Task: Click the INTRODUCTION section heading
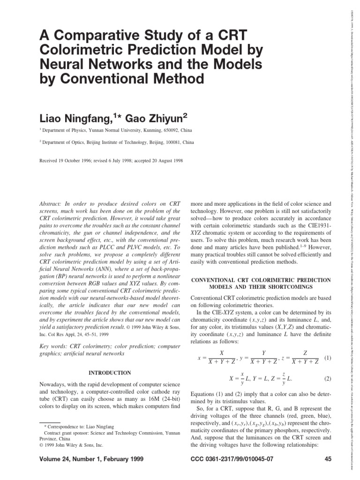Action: click(110, 373)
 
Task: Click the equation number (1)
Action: click(328, 358)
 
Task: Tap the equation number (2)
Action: click(328, 378)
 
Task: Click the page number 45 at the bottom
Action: click(328, 459)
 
